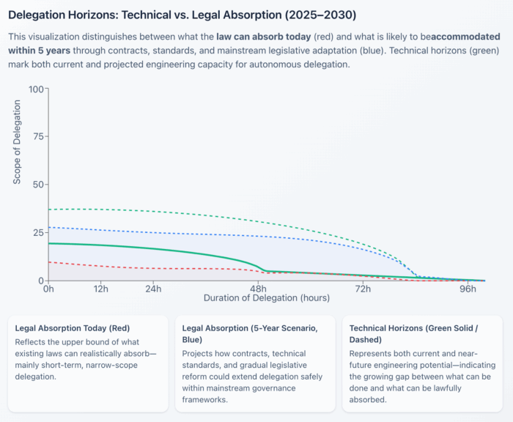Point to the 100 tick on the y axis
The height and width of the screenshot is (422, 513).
pyautogui.click(x=34, y=89)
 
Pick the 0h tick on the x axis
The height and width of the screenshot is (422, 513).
pyautogui.click(x=48, y=289)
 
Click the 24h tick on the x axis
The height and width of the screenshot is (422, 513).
pyautogui.click(x=152, y=289)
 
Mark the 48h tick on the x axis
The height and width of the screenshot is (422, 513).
pyautogui.click(x=257, y=289)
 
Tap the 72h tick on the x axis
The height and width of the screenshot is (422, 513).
pyautogui.click(x=362, y=289)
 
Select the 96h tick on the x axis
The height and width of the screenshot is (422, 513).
pyautogui.click(x=467, y=289)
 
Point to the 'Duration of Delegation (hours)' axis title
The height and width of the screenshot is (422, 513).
pyautogui.click(x=266, y=298)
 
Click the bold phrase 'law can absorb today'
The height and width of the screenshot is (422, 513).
pyautogui.click(x=260, y=36)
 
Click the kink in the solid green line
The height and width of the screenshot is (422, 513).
pyautogui.click(x=264, y=271)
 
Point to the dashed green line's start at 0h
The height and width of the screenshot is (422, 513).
pyautogui.click(x=48, y=210)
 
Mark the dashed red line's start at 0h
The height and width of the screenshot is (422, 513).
pyautogui.click(x=48, y=262)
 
